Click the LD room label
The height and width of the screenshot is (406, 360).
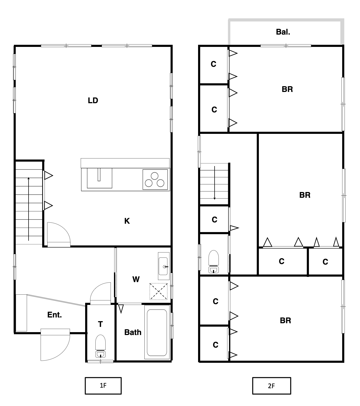tap(93, 100)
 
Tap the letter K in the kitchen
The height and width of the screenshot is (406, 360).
tap(127, 221)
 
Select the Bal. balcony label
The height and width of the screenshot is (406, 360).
tap(283, 32)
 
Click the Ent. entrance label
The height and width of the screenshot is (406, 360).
tap(54, 315)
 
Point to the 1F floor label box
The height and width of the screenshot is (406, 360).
tap(103, 386)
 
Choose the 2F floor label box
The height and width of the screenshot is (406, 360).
tap(271, 386)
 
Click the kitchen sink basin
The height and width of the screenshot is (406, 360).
tap(99, 178)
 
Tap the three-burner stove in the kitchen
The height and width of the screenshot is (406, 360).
tap(155, 179)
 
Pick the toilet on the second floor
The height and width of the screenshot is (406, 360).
tap(214, 261)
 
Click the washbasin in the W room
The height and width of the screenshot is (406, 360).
tap(163, 266)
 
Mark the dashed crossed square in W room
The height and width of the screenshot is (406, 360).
tap(158, 291)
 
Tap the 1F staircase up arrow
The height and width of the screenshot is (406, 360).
tap(29, 209)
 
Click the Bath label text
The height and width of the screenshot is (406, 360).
tap(133, 332)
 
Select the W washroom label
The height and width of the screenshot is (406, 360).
tap(136, 279)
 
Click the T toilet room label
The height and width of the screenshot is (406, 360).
tap(100, 324)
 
